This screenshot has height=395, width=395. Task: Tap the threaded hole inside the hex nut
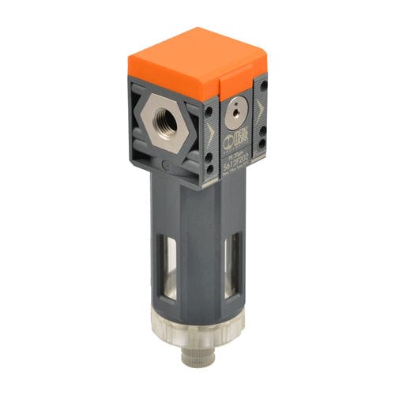coord(162,122)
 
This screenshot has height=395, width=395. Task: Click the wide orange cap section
coord(170,59)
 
